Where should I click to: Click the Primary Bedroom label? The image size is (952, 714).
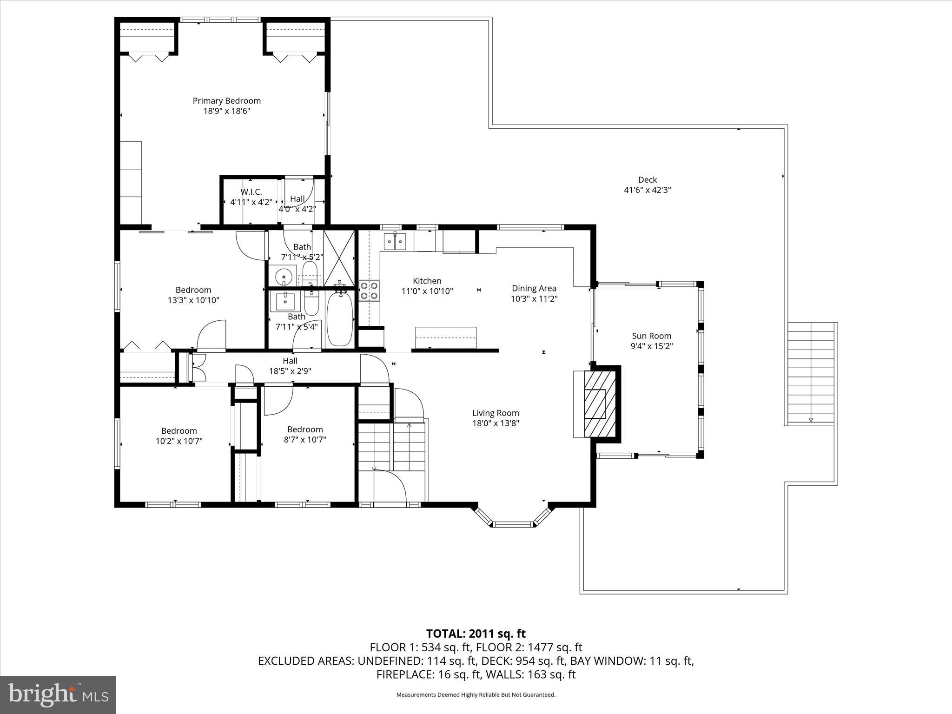(226, 101)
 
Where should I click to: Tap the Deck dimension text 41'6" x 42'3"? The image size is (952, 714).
(647, 190)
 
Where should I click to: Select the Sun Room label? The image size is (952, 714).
(651, 336)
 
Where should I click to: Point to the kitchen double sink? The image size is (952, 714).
(395, 241)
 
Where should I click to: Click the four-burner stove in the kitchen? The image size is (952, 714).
(369, 291)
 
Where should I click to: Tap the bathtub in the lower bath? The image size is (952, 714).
(340, 319)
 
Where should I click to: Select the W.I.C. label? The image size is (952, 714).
(251, 192)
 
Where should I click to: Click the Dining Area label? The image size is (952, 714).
(534, 288)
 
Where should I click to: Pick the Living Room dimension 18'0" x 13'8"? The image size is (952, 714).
(496, 423)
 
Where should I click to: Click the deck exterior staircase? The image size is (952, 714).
(811, 373)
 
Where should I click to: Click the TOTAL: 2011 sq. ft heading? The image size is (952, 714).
(476, 634)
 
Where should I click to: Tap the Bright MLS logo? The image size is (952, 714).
(58, 694)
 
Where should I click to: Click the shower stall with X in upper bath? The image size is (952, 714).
(338, 258)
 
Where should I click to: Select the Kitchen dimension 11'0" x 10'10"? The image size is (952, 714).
(427, 291)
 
